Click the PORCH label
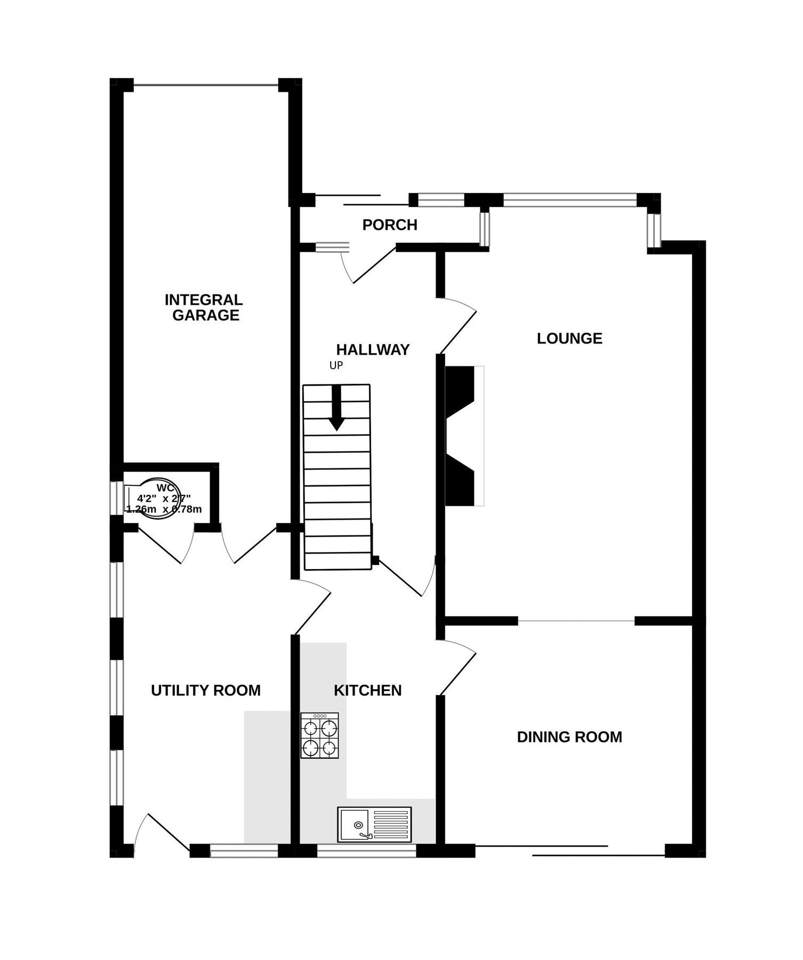tap(389, 225)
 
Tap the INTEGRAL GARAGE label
tap(204, 307)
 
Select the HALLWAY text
tap(373, 350)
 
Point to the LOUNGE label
tap(569, 339)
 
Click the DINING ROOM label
tap(569, 737)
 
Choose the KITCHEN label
tap(367, 691)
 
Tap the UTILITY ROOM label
tap(206, 691)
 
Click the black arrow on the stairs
tap(336, 408)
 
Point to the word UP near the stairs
tap(336, 366)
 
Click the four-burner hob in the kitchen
tap(319, 735)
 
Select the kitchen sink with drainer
tap(374, 823)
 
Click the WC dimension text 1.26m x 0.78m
tap(164, 509)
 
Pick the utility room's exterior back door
tap(160, 832)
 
